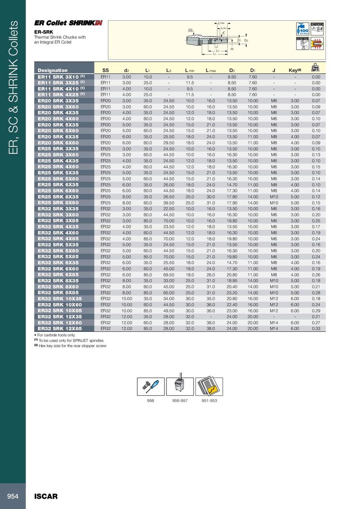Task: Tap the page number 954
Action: point(13,496)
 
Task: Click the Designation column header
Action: point(53,70)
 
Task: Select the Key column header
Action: point(294,70)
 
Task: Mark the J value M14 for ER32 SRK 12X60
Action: point(274,322)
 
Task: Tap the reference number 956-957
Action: point(180,400)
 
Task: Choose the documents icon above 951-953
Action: point(210,385)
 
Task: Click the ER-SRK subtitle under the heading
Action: point(43,32)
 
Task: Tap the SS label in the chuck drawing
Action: point(190,30)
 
